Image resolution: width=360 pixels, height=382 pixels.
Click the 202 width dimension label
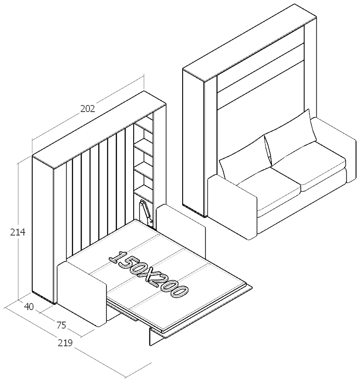pyautogui.click(x=87, y=109)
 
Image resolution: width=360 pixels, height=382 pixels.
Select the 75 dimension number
pyautogui.click(x=61, y=325)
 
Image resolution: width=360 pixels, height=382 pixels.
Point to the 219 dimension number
pyautogui.click(x=65, y=343)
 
